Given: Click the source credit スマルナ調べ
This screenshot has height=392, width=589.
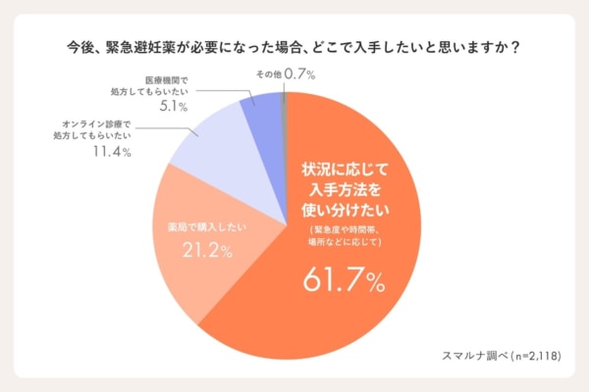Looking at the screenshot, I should click(x=466, y=354).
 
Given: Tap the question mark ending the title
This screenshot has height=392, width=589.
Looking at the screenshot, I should click(x=516, y=46).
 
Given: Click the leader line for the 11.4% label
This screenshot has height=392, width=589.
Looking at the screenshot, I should click(x=167, y=128).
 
